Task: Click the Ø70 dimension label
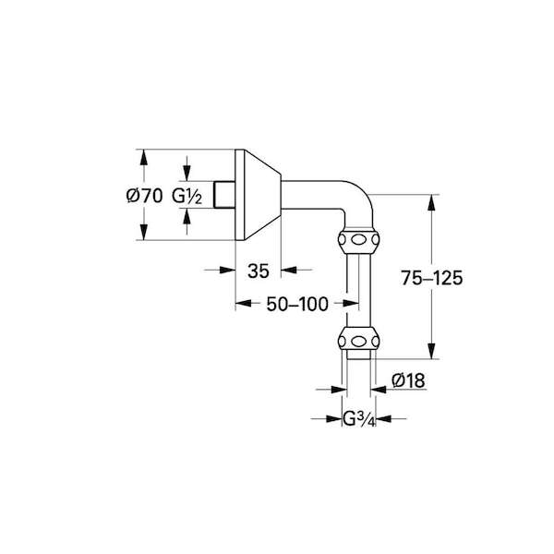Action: [x=144, y=196]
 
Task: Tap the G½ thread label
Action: [x=187, y=196]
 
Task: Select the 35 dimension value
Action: [x=259, y=271]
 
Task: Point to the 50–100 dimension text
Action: [x=297, y=304]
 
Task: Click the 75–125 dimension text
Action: [x=431, y=278]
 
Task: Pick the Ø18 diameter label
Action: [x=408, y=380]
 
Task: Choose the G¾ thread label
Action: [x=358, y=419]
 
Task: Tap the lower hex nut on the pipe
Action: [x=358, y=339]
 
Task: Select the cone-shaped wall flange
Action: [x=258, y=195]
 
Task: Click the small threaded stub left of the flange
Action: [x=224, y=195]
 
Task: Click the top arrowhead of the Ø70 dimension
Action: [x=143, y=157]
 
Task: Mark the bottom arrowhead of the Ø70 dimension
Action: [x=143, y=232]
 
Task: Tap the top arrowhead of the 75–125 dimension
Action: [x=431, y=202]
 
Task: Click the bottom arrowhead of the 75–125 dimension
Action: [x=431, y=351]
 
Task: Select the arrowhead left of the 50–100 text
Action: [x=244, y=303]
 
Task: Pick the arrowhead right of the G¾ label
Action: [x=383, y=418]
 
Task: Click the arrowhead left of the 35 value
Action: [x=227, y=271]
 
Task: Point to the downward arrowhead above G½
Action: [x=187, y=174]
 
